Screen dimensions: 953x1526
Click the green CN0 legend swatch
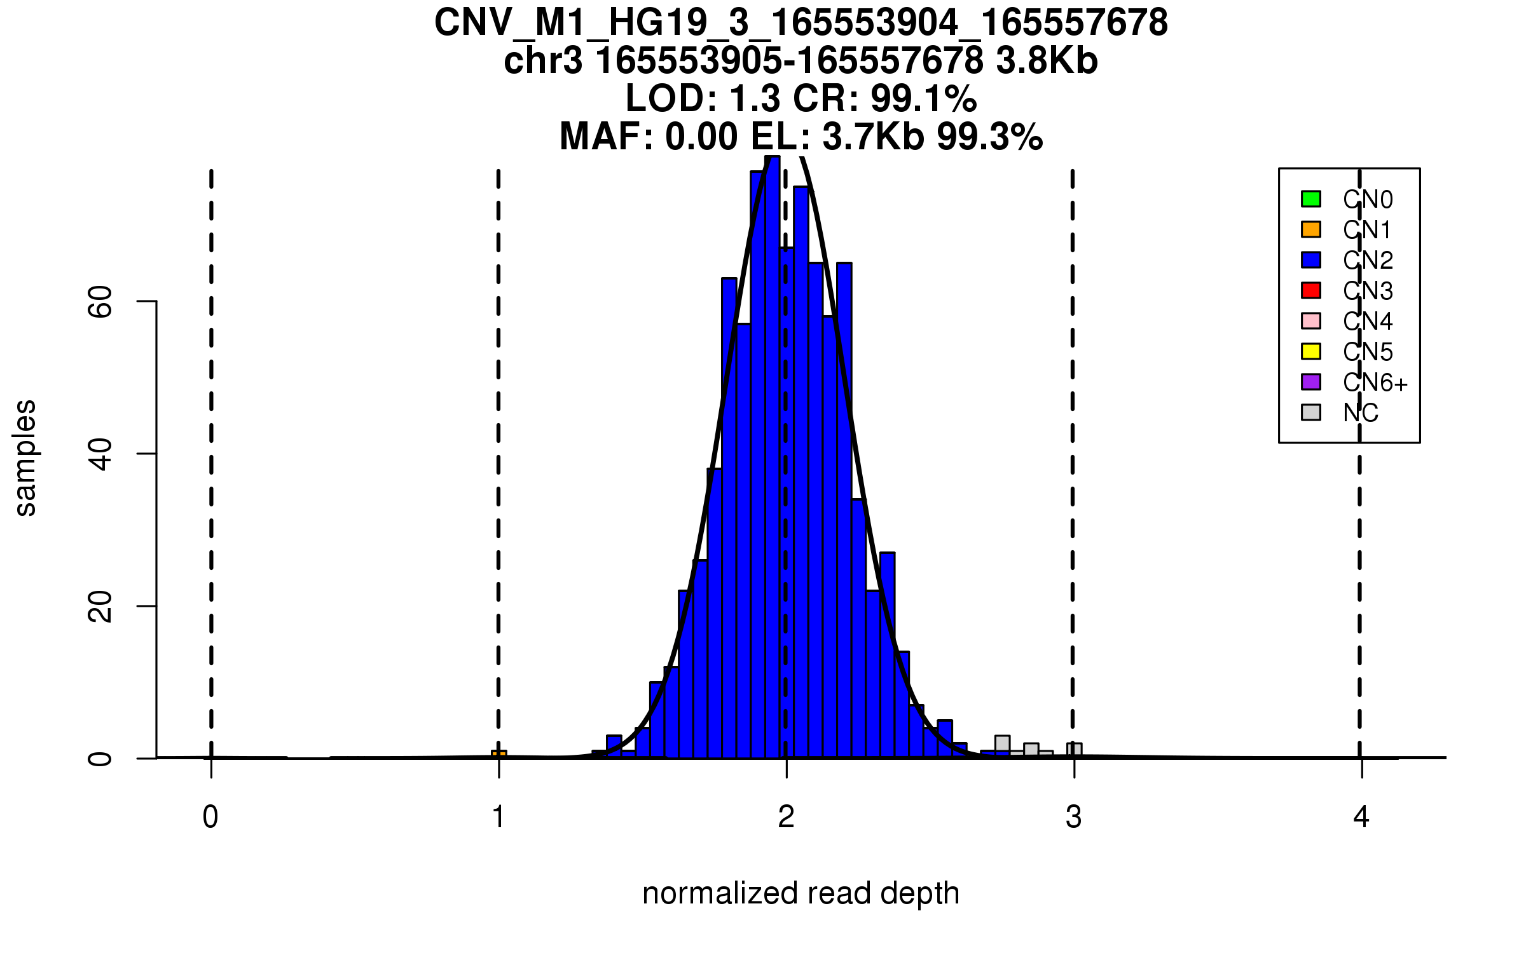(1311, 199)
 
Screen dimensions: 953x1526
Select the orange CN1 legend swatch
(1311, 229)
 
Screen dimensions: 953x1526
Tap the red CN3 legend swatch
(1311, 290)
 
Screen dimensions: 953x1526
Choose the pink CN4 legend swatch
(1311, 321)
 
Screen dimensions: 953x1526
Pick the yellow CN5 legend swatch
(1311, 351)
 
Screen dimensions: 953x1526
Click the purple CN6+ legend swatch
(1311, 382)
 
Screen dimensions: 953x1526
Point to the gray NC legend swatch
(1311, 412)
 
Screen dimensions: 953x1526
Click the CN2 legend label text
(1368, 260)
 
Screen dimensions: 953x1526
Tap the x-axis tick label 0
(210, 817)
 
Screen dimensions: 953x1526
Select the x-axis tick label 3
(1074, 817)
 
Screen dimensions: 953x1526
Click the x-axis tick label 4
(1361, 817)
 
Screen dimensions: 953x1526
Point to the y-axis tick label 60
(100, 301)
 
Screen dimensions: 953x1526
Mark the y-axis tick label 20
(100, 606)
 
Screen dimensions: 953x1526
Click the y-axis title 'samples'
(25, 457)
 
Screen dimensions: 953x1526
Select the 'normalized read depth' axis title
(801, 893)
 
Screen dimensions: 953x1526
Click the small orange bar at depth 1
(499, 754)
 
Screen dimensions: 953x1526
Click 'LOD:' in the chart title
(671, 98)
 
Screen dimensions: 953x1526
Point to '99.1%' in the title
(923, 98)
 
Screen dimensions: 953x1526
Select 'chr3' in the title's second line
(543, 61)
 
